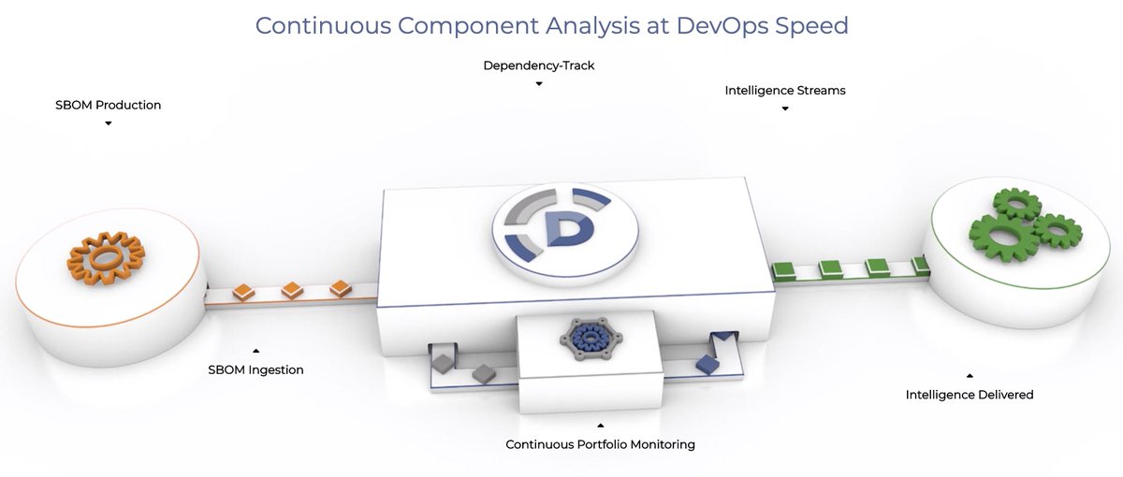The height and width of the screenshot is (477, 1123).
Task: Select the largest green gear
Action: (x=1001, y=229)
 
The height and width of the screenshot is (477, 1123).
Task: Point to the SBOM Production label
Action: (x=109, y=105)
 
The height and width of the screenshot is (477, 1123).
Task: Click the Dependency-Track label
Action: (x=539, y=65)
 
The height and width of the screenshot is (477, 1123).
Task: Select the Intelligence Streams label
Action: (x=785, y=91)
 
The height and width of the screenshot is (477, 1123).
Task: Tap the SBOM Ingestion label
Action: (x=255, y=369)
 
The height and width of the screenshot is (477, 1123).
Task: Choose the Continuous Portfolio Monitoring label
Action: (x=600, y=444)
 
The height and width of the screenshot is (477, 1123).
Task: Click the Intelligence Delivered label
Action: (x=970, y=395)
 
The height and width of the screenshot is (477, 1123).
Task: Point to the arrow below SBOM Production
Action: (x=109, y=123)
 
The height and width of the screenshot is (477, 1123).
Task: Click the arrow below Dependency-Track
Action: (x=539, y=84)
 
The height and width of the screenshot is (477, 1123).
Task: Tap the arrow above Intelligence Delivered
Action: (x=970, y=376)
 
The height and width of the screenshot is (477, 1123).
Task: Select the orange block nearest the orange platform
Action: (x=243, y=292)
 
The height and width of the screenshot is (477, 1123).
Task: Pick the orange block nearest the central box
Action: (x=340, y=288)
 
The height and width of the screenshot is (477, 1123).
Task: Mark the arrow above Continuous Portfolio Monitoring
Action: (x=600, y=425)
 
